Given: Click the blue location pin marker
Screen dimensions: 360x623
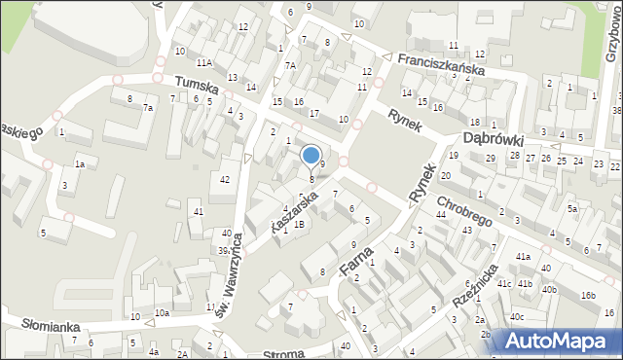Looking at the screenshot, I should pos(311,156).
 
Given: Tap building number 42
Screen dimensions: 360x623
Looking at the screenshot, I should pos(225,179).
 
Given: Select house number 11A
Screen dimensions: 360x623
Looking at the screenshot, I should pos(203,62).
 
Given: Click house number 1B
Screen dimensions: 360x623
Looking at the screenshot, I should pos(299,225).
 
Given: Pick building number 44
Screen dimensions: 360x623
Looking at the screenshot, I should pos(440,214).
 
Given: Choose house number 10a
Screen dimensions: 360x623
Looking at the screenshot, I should pos(162,312).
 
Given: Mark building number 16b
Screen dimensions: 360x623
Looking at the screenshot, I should pos(588,295).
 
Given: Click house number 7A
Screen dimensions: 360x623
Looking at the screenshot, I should pos(290,65).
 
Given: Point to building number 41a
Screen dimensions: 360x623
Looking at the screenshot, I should pos(523,256).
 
